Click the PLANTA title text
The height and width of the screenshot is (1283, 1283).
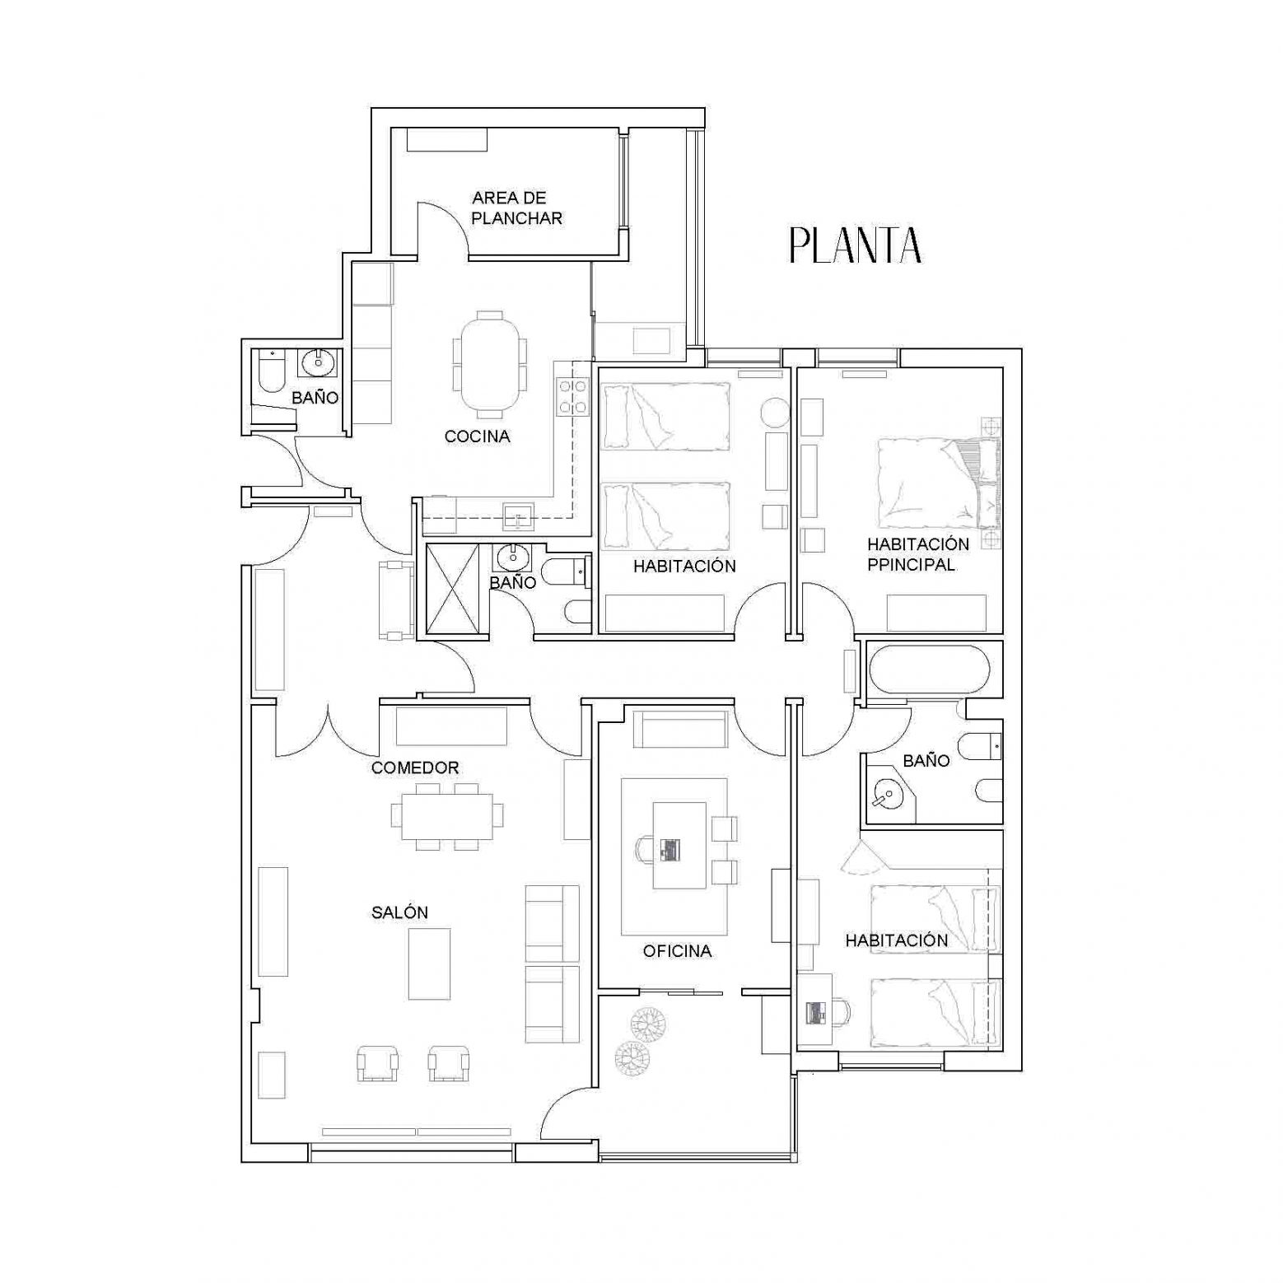[x=855, y=245]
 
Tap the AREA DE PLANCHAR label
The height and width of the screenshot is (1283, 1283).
[x=516, y=208]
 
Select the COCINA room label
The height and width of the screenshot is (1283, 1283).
[x=478, y=436]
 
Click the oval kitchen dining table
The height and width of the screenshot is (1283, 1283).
[x=491, y=364]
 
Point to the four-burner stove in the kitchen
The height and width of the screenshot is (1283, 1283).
[x=573, y=396]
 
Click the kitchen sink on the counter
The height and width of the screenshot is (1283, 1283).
[x=518, y=516]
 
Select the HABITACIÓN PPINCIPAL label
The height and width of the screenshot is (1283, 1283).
[x=918, y=554]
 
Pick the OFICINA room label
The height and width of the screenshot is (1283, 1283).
[x=677, y=952]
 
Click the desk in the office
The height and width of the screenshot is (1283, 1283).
[x=679, y=845]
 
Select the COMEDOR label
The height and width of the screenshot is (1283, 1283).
[x=415, y=767]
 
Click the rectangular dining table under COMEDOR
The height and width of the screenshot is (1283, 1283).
[x=447, y=815]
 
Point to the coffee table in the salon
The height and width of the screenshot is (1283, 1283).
[x=430, y=963]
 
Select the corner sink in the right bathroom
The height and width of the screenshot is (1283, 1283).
[x=889, y=793]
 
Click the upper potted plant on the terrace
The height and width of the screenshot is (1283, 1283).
[x=648, y=1024]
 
